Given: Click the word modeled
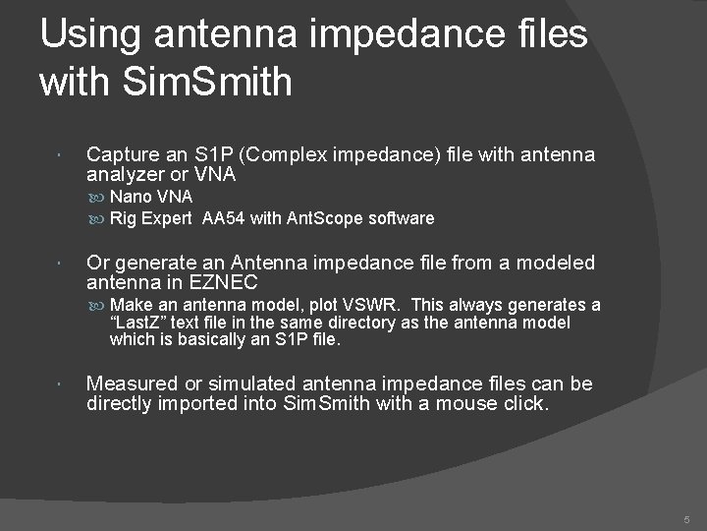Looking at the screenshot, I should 553,263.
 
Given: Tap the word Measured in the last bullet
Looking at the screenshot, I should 129,384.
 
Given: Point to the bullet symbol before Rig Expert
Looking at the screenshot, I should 101,218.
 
